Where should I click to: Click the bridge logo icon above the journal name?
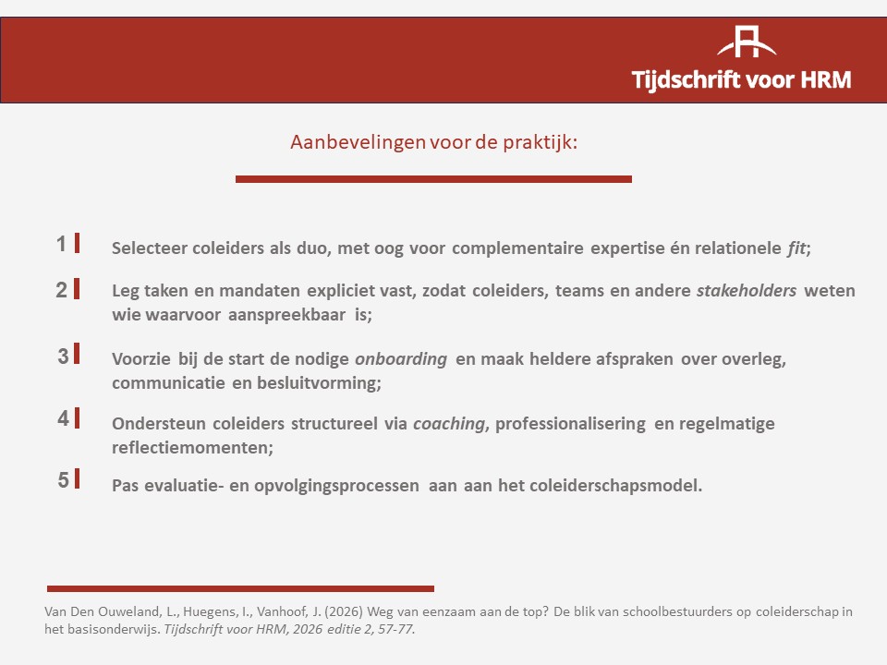coord(747,42)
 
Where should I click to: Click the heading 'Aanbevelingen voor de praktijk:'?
coord(434,142)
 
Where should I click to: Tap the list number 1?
coord(61,244)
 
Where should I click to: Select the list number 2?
coord(62,290)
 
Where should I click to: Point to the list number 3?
coord(63,357)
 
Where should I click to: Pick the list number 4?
coord(63,418)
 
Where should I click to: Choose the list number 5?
coord(63,480)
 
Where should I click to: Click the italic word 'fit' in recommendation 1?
coord(796,248)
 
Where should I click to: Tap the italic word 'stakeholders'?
coord(747,291)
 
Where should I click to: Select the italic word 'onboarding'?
coord(401,359)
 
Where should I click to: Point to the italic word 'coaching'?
coord(449,424)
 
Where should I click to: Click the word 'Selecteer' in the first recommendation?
coord(149,248)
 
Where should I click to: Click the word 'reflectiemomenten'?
coord(190,448)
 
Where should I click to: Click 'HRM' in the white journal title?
coord(826,79)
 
